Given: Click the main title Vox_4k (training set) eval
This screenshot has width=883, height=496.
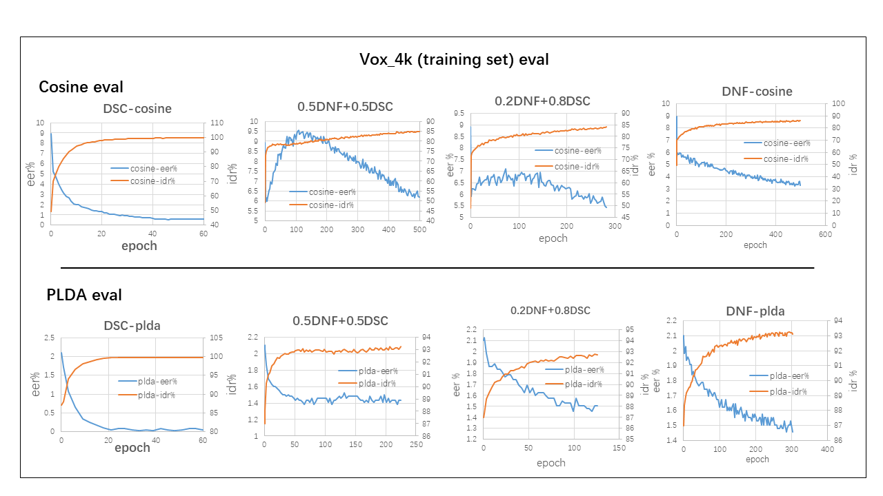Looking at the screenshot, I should [454, 59].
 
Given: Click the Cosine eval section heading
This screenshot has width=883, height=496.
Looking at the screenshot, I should [81, 87].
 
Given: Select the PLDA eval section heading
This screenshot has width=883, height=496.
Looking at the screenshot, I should [83, 295].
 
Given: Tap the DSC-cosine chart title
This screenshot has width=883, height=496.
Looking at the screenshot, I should [137, 108].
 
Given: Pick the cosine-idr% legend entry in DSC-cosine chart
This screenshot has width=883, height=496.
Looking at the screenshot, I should [152, 180].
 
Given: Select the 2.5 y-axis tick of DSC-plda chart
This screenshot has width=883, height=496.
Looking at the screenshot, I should [48, 338].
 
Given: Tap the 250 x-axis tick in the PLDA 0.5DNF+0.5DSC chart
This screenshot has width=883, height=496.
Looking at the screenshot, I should [416, 445].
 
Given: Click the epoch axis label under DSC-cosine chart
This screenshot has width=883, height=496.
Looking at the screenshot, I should [139, 246].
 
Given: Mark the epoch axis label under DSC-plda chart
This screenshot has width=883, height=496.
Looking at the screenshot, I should [132, 448].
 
